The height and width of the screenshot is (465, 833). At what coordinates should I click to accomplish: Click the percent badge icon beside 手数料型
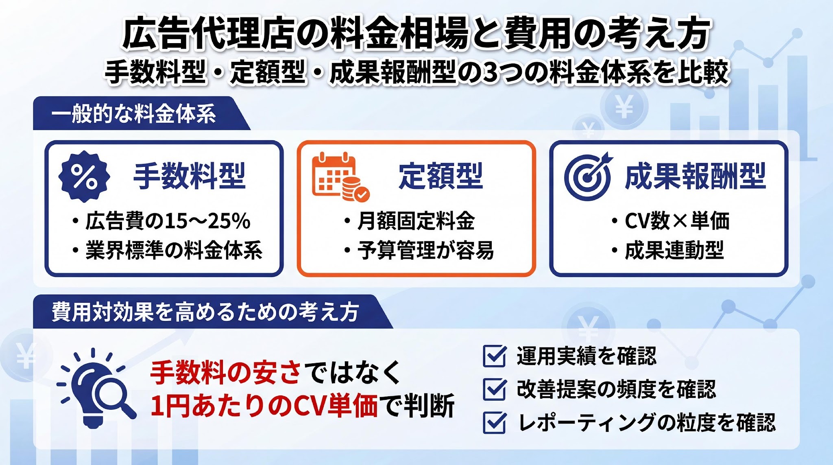click(84, 177)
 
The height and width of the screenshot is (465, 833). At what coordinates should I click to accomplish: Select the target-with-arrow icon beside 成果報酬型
click(589, 177)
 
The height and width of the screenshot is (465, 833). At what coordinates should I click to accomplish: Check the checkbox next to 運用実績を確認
click(495, 356)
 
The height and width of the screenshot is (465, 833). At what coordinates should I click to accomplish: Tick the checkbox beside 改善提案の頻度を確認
click(495, 389)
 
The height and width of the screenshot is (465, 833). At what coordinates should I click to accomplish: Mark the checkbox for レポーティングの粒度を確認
click(495, 422)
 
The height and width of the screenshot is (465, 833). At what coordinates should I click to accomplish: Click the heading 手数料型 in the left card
click(190, 176)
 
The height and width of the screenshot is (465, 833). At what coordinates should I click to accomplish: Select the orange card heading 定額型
click(441, 176)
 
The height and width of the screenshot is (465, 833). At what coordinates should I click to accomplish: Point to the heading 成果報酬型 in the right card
click(696, 176)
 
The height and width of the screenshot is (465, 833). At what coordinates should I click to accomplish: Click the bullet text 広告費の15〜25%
click(168, 221)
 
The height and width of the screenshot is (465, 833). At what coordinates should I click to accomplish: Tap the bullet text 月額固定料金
click(416, 221)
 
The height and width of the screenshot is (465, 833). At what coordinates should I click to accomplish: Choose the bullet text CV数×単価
click(677, 221)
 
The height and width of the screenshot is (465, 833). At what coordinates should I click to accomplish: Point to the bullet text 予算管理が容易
click(426, 250)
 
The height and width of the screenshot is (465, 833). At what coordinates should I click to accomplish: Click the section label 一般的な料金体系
click(134, 114)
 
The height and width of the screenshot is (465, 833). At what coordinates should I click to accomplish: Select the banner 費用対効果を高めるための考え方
click(205, 312)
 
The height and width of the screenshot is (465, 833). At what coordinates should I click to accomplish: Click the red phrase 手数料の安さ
click(226, 372)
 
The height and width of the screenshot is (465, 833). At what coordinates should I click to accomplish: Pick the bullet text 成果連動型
click(674, 250)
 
